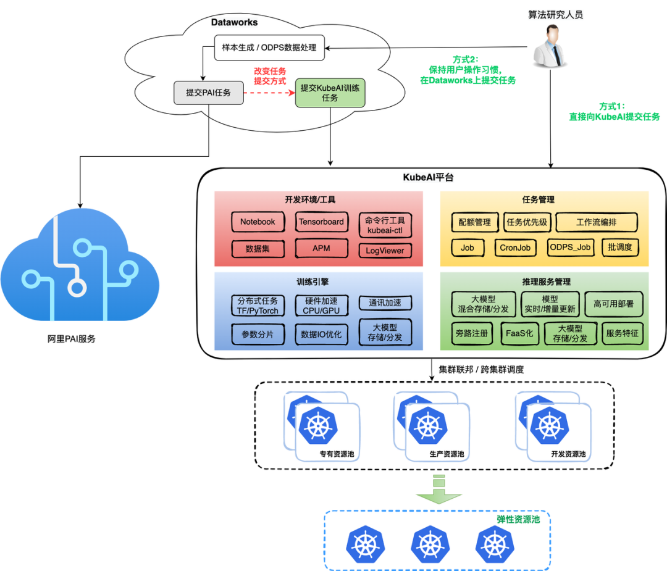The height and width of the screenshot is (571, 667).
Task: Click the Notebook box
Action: [x=258, y=222]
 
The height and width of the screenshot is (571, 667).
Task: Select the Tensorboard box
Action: [x=321, y=222]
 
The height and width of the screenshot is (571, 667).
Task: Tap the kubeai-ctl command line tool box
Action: [x=385, y=225]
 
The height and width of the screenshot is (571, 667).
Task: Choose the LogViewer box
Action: [x=385, y=251]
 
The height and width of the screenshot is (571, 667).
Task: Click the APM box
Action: [x=321, y=249]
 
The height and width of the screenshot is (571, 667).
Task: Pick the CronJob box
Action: [x=515, y=248]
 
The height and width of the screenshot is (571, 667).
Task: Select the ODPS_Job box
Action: [x=570, y=248]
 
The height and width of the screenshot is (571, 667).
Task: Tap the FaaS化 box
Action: [x=519, y=334]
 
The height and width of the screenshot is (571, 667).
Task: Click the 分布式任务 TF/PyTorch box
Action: [x=258, y=306]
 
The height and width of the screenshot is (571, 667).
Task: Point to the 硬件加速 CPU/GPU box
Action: [x=321, y=306]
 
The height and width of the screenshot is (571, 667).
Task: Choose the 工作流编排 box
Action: [x=596, y=222]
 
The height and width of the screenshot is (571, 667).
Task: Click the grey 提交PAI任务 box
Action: [x=209, y=93]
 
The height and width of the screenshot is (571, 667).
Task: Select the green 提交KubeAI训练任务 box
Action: [x=330, y=93]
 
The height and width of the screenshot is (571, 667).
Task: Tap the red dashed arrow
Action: [x=270, y=93]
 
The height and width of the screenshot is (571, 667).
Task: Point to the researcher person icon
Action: [x=549, y=47]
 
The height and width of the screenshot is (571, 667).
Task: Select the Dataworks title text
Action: [x=235, y=23]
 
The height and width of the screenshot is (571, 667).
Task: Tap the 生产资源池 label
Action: [x=447, y=454]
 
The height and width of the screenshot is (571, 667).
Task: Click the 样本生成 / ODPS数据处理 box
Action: [x=269, y=48]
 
